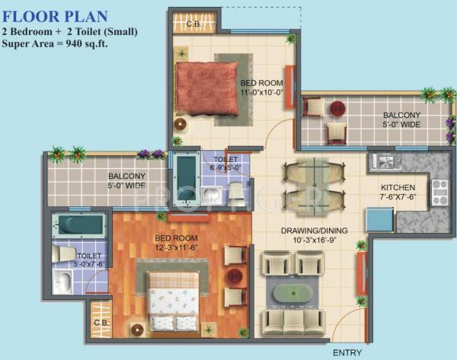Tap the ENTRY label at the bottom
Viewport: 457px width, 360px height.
tap(348, 353)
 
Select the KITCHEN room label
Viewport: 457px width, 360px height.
tap(398, 187)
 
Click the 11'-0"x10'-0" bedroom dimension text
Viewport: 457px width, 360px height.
tap(262, 91)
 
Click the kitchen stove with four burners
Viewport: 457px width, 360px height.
tap(441, 191)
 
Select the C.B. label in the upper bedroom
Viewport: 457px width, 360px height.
tap(193, 24)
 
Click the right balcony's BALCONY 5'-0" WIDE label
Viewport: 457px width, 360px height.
tap(401, 120)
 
